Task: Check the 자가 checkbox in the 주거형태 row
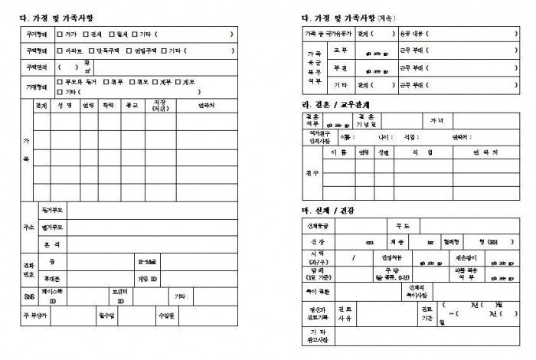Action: [x=60, y=34]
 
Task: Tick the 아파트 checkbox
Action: [x=60, y=51]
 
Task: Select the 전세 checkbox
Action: [x=86, y=34]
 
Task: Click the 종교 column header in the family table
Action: [x=131, y=106]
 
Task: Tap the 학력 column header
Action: [x=109, y=106]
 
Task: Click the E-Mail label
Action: [x=147, y=261]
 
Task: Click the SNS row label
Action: [x=28, y=295]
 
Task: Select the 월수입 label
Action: [x=106, y=314]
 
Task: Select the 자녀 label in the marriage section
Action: [x=436, y=120]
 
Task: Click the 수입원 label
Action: [x=166, y=314]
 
